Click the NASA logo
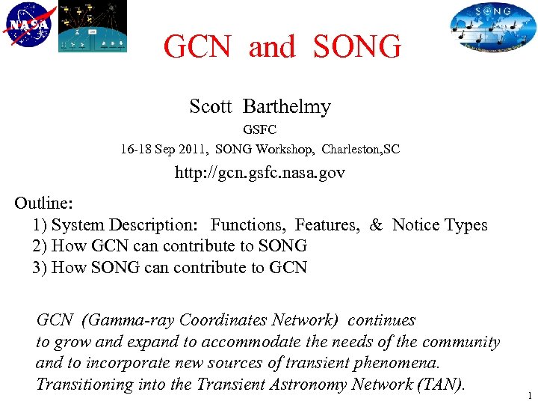tap(29, 25)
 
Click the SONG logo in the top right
tap(493, 27)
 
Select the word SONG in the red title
tap(356, 47)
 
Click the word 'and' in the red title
tap(272, 47)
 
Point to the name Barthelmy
tap(287, 107)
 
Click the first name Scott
tap(211, 107)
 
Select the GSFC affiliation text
tap(260, 130)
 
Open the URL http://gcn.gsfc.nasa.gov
tap(260, 173)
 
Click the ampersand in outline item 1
tap(375, 224)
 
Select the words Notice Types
tap(439, 224)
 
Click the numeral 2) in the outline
tap(40, 245)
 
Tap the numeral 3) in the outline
tap(40, 267)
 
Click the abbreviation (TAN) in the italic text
tap(443, 385)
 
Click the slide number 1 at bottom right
tap(529, 396)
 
